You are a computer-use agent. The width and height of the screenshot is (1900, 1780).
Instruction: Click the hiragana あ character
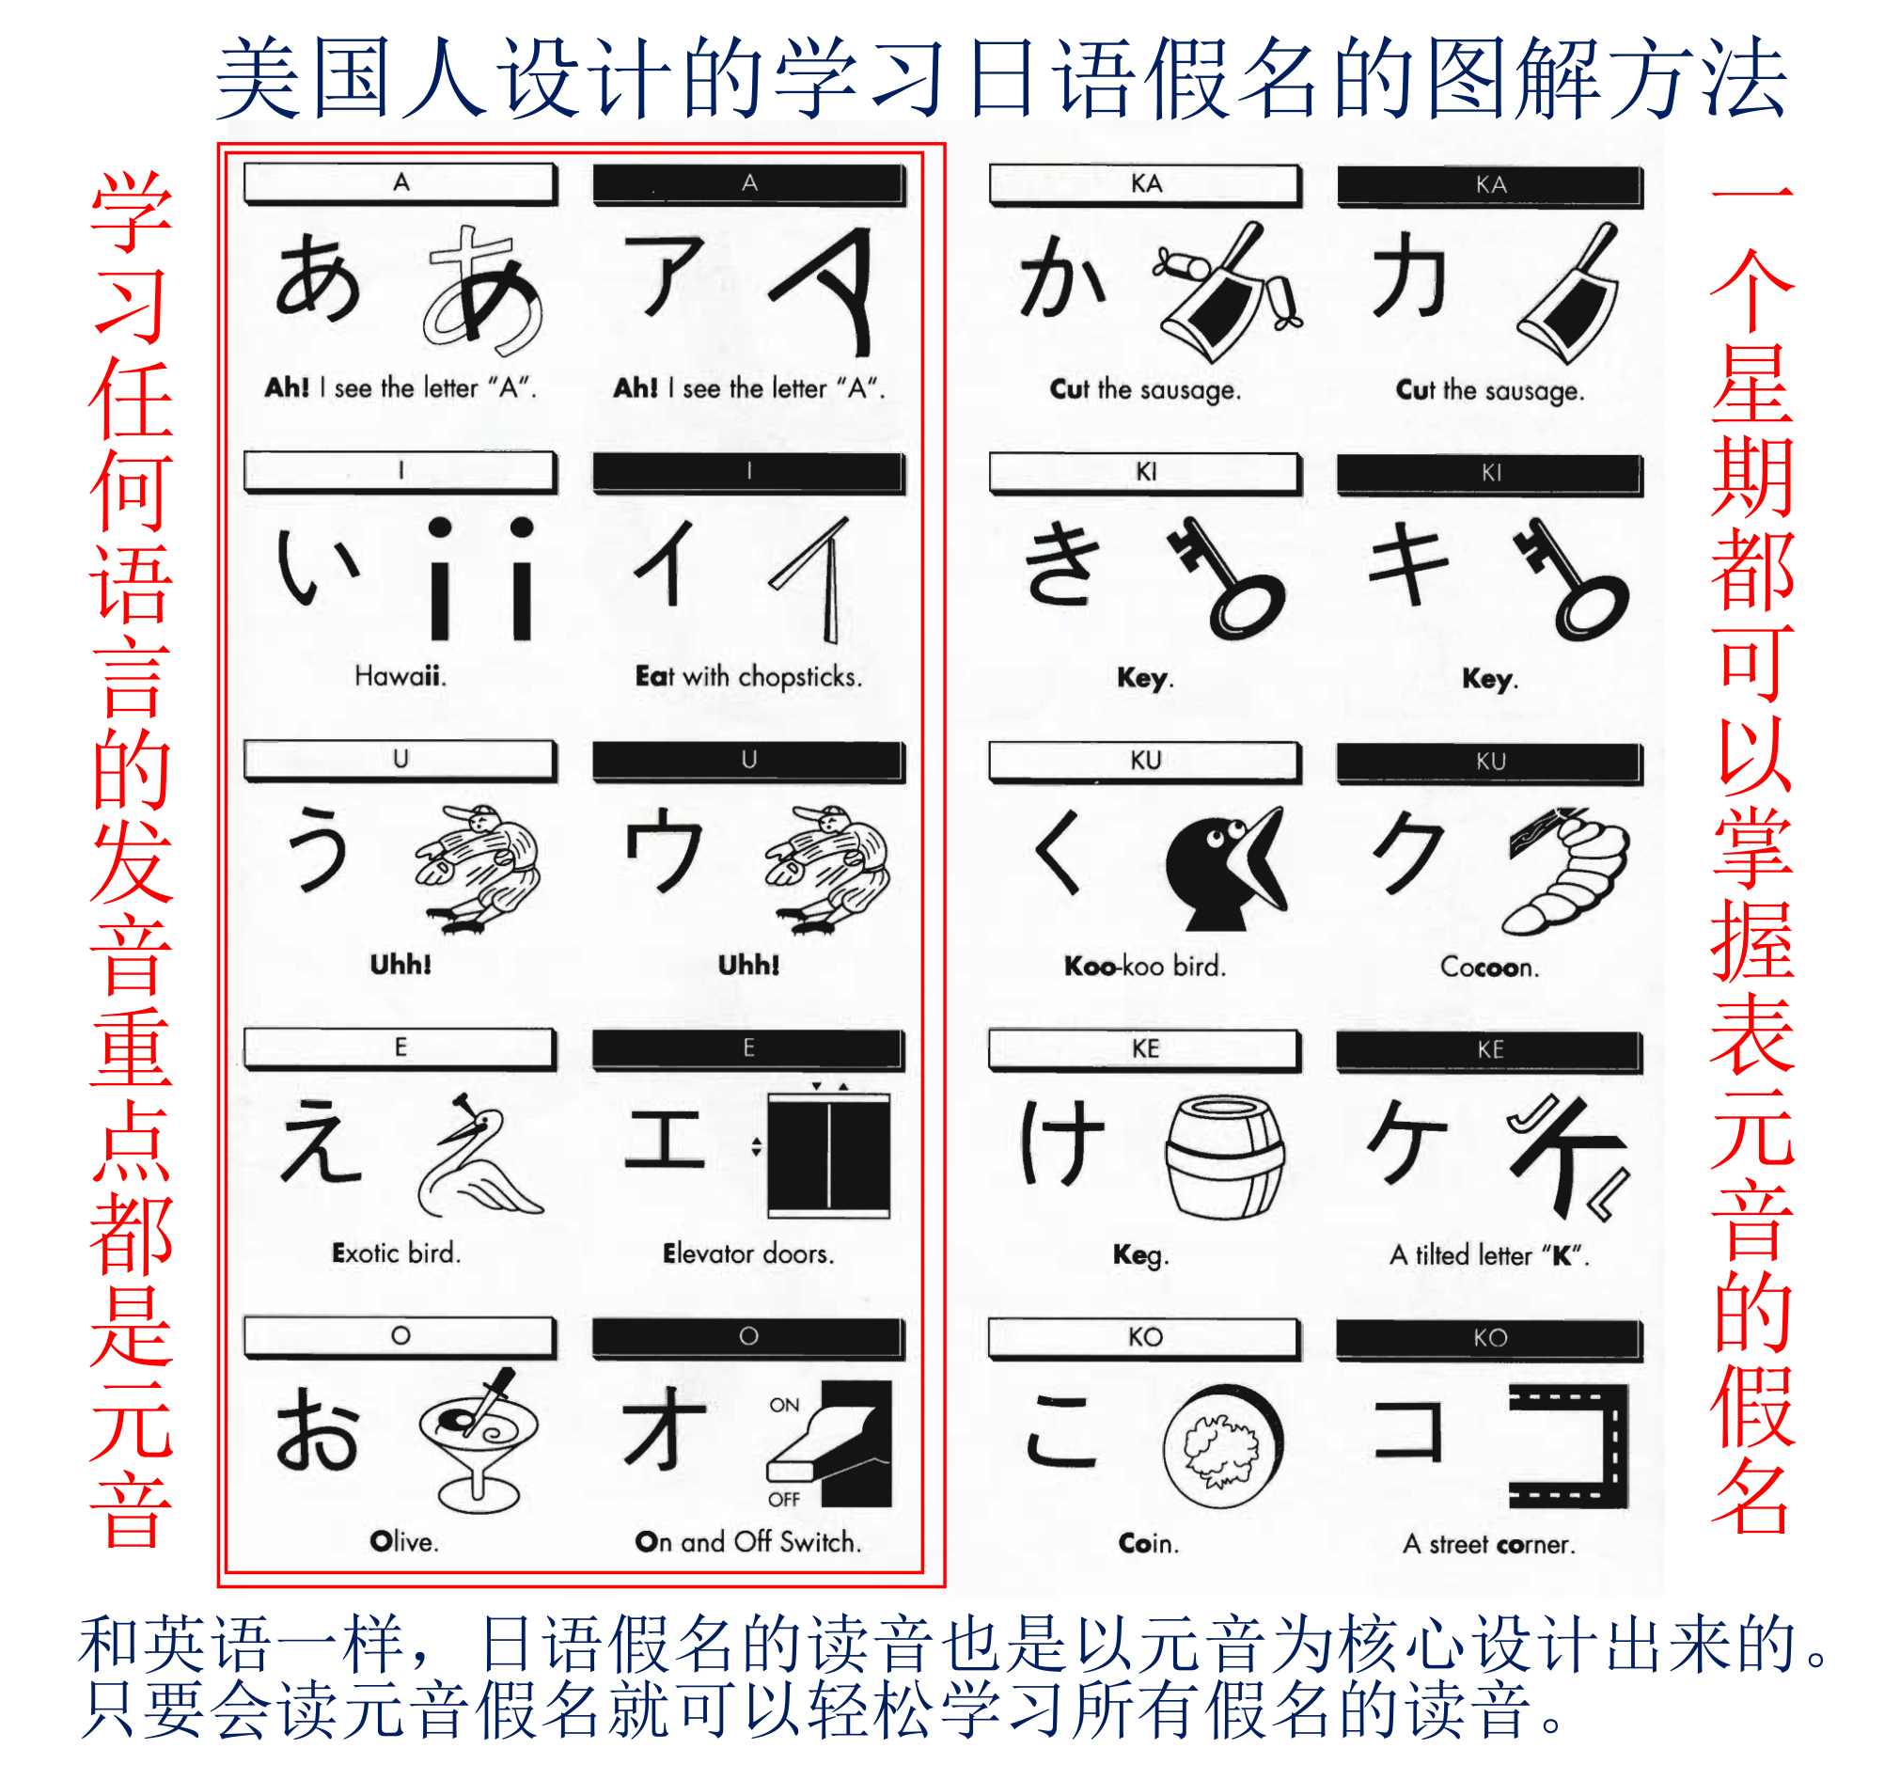[319, 278]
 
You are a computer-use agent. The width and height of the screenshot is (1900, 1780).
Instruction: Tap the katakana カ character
[1406, 276]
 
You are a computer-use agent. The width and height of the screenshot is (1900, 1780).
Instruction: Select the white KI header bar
[1144, 472]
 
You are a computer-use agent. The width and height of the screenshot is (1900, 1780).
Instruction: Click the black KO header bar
[1489, 1337]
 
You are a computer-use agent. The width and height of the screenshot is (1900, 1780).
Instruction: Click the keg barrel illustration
[1224, 1158]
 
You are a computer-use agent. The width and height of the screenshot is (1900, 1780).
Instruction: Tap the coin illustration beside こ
[1222, 1446]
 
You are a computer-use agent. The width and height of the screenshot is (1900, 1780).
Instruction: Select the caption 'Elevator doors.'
[748, 1253]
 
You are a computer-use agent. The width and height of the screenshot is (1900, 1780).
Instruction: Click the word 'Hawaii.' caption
[400, 676]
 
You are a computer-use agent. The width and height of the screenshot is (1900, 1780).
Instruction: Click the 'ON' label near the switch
[784, 1404]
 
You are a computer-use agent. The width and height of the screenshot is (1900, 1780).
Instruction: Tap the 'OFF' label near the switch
[784, 1499]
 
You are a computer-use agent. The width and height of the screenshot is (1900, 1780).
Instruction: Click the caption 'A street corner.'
[1488, 1544]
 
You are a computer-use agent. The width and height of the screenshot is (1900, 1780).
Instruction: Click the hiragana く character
[1059, 853]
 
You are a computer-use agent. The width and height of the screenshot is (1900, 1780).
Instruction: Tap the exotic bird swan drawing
[478, 1158]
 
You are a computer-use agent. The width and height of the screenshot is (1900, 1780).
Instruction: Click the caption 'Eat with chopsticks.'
[748, 677]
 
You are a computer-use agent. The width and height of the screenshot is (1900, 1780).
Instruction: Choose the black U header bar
[748, 761]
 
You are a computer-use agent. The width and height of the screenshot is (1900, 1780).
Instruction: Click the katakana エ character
[665, 1140]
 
